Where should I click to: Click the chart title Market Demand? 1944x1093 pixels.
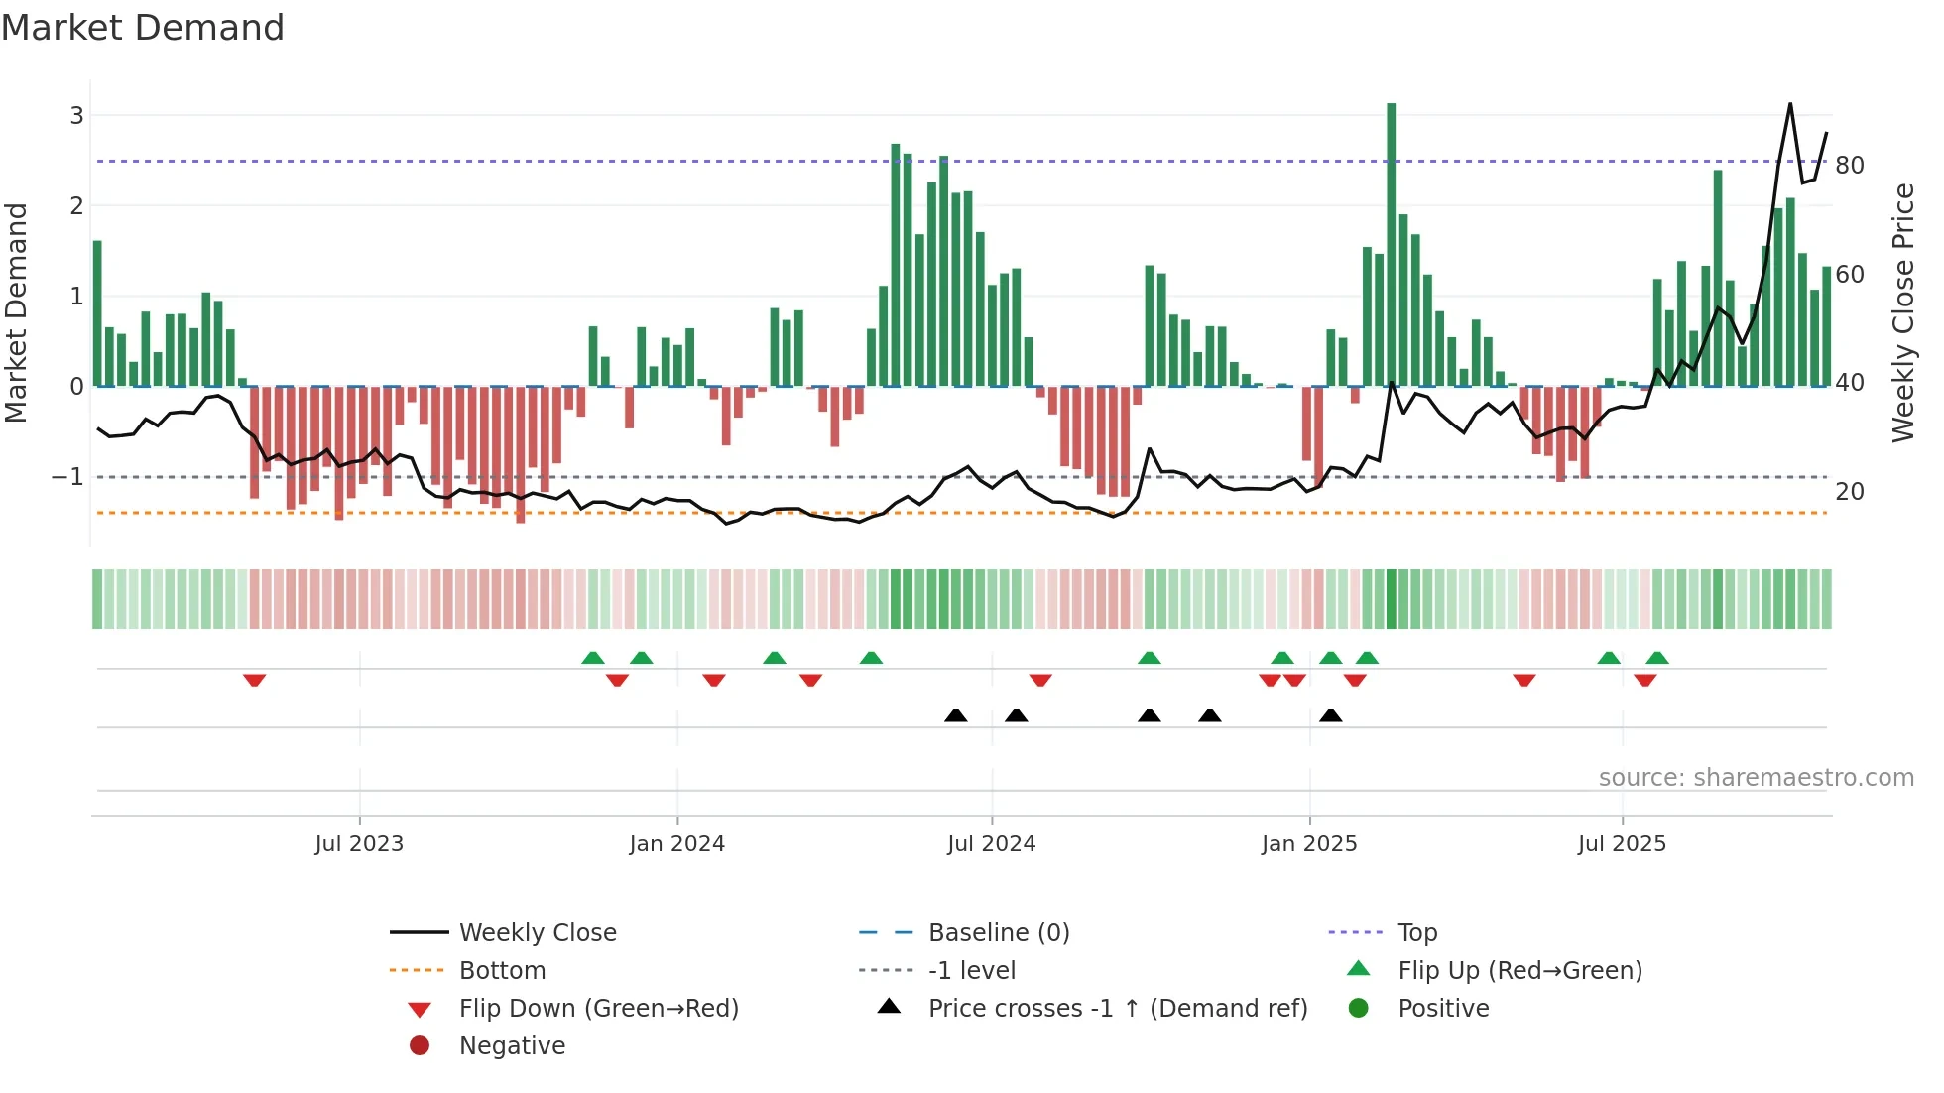tap(143, 28)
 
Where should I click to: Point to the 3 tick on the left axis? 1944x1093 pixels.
tap(76, 116)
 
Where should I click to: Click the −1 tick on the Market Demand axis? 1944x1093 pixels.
tap(68, 477)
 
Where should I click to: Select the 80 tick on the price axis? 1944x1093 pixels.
tap(1849, 166)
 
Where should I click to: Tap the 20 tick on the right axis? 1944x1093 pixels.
tap(1849, 492)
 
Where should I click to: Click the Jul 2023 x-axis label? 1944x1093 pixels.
tap(359, 844)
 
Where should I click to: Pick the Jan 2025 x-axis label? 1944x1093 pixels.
tap(1309, 844)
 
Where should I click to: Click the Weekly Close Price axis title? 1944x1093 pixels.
tap(1902, 312)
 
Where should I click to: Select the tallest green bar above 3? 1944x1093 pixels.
tap(1392, 243)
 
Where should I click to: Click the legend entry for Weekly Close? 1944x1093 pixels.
tap(537, 933)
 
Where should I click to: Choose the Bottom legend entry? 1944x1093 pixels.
tap(502, 971)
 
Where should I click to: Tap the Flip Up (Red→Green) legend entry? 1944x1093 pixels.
tap(1519, 971)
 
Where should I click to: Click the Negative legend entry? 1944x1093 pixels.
tap(512, 1046)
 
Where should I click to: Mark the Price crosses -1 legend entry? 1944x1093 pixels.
tap(1117, 1009)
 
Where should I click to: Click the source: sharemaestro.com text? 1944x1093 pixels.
tap(1756, 778)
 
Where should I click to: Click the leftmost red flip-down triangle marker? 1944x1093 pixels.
tap(254, 680)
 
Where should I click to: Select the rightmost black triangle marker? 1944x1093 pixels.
tap(1331, 715)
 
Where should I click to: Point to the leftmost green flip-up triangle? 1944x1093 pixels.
tap(593, 658)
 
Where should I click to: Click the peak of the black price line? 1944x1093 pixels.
tap(1790, 104)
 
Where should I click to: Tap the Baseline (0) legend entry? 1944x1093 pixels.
tap(998, 933)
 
